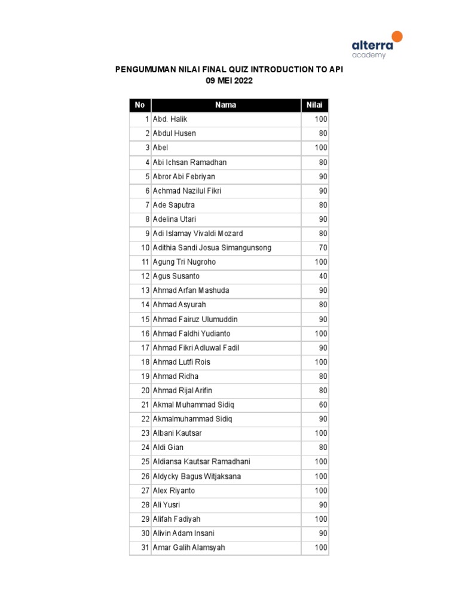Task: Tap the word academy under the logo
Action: [369, 55]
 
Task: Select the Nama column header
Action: [225, 105]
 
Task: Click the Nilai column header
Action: [314, 105]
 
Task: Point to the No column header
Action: [140, 105]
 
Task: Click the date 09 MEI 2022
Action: [229, 81]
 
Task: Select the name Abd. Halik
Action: [170, 119]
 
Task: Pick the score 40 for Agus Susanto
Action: [323, 276]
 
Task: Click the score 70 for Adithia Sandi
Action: [323, 247]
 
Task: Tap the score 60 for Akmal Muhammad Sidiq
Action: [323, 405]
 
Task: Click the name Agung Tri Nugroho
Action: [184, 262]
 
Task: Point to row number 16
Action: [145, 333]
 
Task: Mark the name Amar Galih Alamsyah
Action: [189, 547]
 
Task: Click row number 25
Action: [145, 461]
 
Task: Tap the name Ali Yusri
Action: [166, 504]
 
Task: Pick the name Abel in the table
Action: [161, 148]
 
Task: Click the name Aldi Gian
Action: [168, 447]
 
